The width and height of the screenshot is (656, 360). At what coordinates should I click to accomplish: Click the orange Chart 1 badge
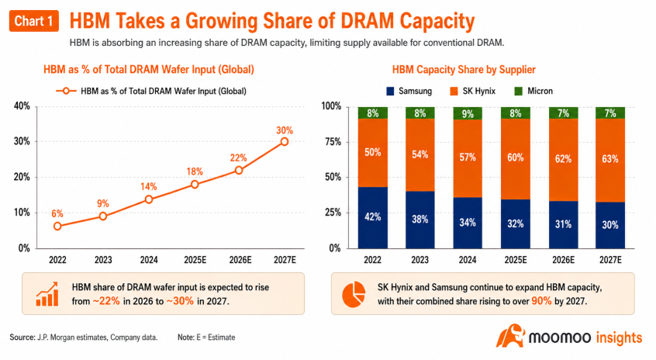[34, 21]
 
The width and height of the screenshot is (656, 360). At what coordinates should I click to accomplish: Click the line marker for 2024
[149, 199]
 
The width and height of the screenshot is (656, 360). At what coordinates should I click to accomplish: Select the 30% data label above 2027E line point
[285, 130]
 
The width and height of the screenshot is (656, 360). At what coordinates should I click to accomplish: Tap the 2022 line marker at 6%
[57, 226]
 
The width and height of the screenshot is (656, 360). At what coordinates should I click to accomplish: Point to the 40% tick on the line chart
[22, 106]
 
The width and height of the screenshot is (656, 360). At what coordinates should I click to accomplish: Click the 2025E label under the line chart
[195, 260]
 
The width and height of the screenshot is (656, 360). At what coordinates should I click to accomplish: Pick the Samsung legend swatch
[390, 91]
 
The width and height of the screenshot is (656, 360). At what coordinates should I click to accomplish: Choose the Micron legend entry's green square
[518, 91]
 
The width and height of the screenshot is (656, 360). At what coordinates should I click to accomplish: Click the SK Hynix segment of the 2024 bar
[468, 158]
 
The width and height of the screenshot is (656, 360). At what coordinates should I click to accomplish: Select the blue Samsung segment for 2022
[373, 218]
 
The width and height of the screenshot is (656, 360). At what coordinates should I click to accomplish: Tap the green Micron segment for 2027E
[610, 113]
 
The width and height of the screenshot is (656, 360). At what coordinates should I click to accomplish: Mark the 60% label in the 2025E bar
[516, 157]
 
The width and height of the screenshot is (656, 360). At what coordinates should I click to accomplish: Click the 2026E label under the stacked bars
[563, 260]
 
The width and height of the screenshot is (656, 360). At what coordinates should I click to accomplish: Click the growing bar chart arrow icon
[47, 294]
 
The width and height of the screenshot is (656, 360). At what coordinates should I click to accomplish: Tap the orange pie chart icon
[354, 294]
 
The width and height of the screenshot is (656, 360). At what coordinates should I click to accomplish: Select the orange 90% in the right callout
[541, 301]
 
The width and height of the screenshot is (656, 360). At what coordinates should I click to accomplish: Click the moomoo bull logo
[510, 336]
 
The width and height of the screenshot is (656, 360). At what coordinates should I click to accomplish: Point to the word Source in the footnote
[22, 337]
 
